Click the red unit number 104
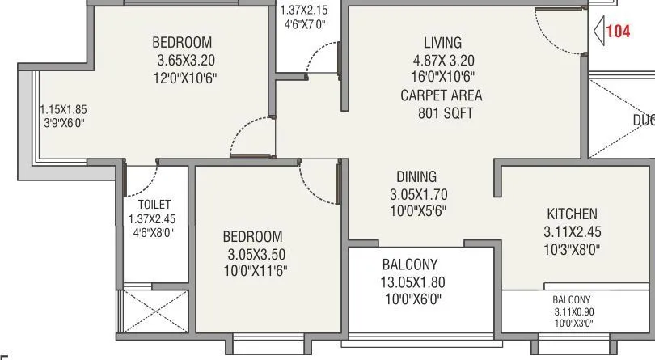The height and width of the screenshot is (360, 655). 618,32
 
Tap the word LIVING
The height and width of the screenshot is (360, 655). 442,43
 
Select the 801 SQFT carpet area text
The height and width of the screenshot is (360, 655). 442,113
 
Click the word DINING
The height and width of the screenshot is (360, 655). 416,176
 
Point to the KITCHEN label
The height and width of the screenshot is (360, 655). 573,214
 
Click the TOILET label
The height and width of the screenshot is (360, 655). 154,205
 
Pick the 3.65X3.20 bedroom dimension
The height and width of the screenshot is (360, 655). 186,60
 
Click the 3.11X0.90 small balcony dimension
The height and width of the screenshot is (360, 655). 573,311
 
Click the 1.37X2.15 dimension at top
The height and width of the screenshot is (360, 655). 305,11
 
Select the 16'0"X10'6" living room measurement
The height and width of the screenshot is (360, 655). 442,78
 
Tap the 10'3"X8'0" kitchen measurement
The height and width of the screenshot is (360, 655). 573,250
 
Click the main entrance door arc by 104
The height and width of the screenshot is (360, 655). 558,32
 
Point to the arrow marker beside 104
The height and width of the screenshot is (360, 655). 599,32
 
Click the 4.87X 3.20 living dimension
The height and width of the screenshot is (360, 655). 442,60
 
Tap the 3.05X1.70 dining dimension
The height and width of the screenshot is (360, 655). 418,194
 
